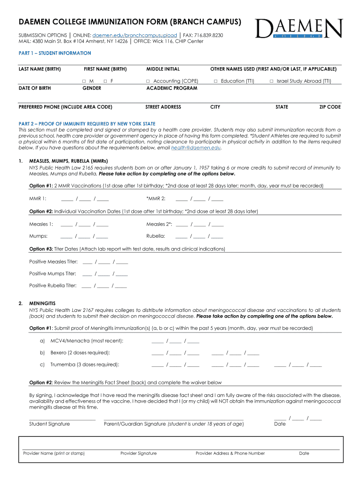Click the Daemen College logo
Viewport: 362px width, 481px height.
coord(299,29)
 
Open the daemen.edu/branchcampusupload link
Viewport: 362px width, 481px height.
coord(134,35)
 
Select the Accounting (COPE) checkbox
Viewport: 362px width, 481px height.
coord(148,81)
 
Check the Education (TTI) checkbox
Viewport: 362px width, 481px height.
coord(216,81)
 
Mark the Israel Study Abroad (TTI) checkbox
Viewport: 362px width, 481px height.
coord(272,81)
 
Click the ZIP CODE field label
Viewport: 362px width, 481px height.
coord(330,107)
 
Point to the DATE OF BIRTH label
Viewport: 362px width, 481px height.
coord(35,88)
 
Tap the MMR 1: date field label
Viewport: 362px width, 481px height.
coord(38,198)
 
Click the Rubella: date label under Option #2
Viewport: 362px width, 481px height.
coord(156,236)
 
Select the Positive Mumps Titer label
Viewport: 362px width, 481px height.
coord(52,273)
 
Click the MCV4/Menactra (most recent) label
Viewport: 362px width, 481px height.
coord(87,341)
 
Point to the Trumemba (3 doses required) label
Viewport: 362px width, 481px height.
coord(85,364)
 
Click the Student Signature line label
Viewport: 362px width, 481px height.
coord(49,424)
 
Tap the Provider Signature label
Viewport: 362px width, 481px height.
coord(138,453)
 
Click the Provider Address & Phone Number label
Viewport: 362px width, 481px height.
coord(230,453)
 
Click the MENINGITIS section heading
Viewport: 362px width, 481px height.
coord(42,303)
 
